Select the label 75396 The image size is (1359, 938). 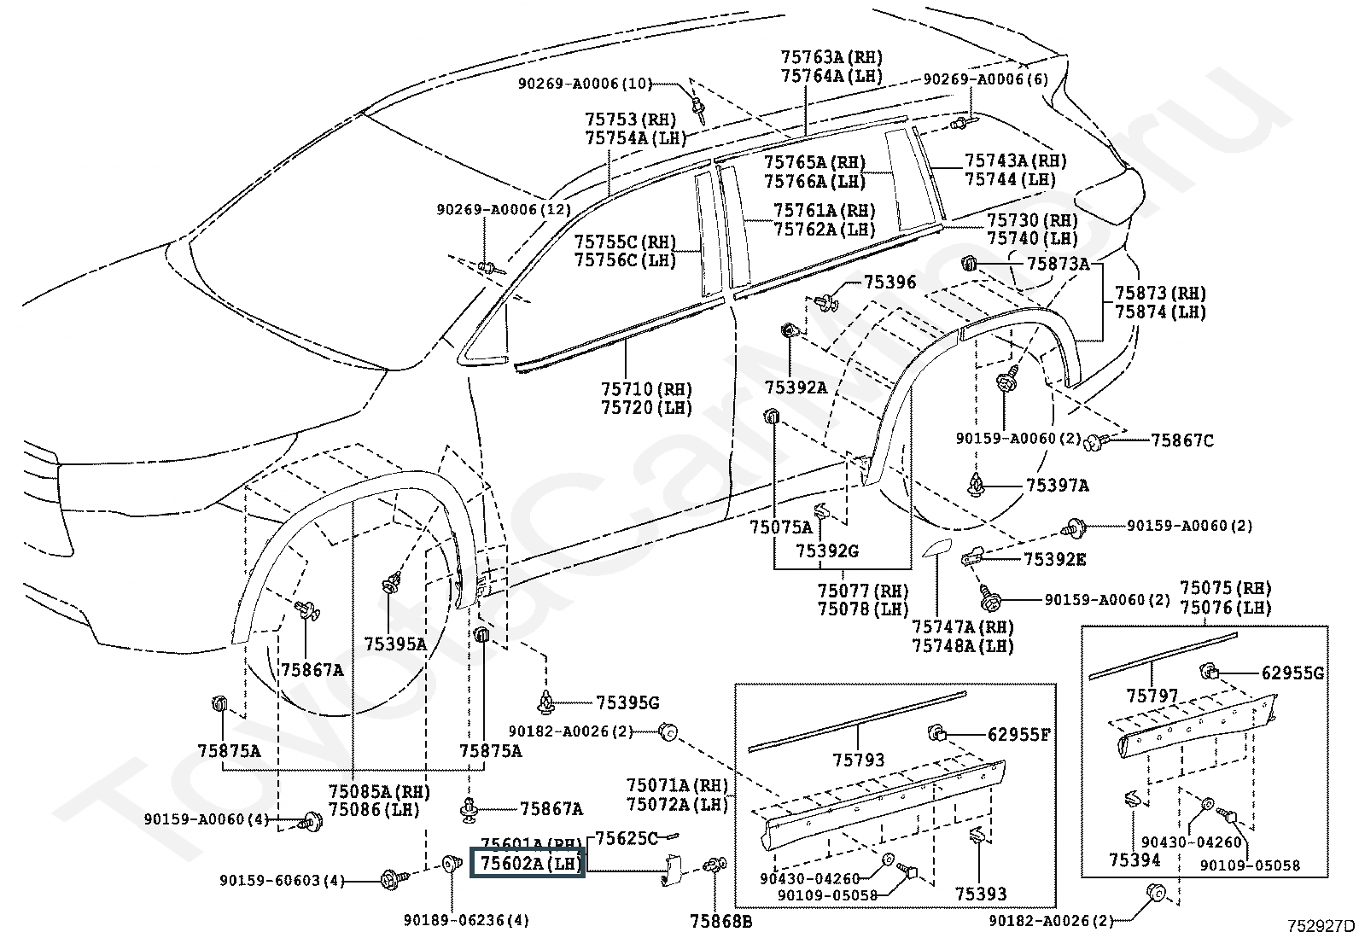click(889, 282)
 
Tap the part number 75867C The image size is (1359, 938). click(1181, 440)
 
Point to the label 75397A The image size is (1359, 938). click(1057, 486)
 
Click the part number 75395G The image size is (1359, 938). click(627, 703)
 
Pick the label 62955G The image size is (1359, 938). click(1292, 673)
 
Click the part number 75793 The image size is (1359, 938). click(858, 760)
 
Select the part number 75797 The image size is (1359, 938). click(1152, 696)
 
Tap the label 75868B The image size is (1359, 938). click(721, 921)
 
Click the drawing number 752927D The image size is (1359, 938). click(1321, 925)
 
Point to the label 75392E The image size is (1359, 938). click(1054, 559)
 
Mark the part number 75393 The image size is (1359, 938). click(981, 894)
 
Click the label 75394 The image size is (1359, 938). click(1134, 859)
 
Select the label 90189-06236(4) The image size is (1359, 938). click(466, 920)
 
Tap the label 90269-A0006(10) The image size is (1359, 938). click(585, 84)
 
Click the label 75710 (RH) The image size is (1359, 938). click(646, 389)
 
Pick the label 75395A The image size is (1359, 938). click(394, 644)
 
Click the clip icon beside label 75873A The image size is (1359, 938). click(970, 263)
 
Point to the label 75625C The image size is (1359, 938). click(626, 838)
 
